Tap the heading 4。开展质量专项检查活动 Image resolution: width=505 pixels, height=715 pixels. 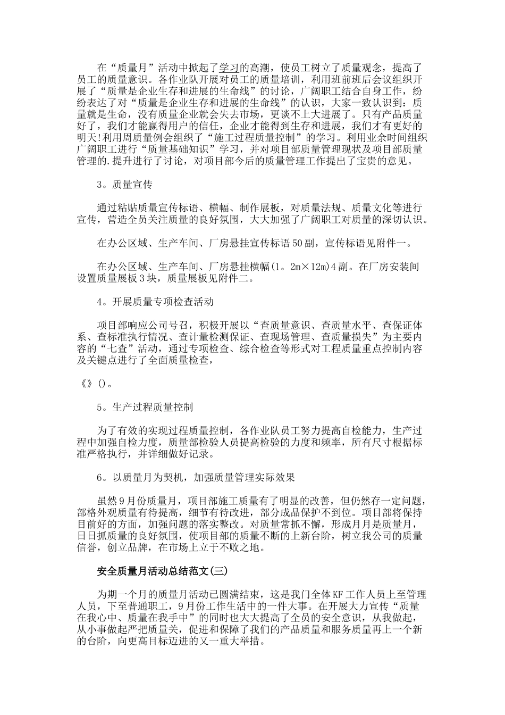(155, 302)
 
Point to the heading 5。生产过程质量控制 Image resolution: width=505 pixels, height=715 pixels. (145, 408)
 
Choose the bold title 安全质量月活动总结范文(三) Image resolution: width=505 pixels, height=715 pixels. (163, 571)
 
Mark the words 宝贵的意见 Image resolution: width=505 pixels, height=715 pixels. (382, 161)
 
